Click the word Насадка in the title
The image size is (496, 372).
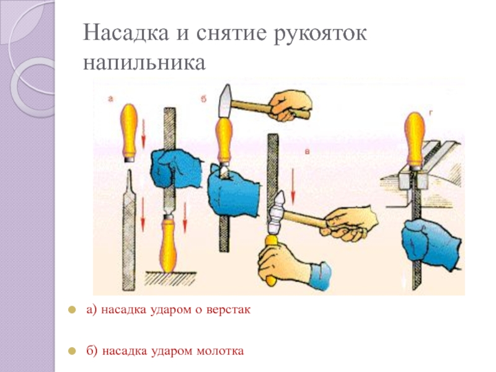pyautogui.click(x=126, y=32)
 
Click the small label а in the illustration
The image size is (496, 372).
pyautogui.click(x=110, y=99)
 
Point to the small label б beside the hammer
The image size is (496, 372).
pyautogui.click(x=203, y=99)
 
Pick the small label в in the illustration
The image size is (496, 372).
pyautogui.click(x=307, y=151)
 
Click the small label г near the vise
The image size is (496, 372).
pyautogui.click(x=430, y=112)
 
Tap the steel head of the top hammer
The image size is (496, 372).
pyautogui.click(x=225, y=102)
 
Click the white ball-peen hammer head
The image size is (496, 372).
pyautogui.click(x=277, y=213)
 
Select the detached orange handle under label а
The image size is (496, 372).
pyautogui.click(x=128, y=133)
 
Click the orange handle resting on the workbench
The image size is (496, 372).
pyautogui.click(x=167, y=243)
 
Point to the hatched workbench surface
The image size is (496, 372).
pyautogui.click(x=171, y=278)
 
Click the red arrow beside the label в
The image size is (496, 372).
pyautogui.click(x=293, y=187)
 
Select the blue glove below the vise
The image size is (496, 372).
pyautogui.click(x=431, y=244)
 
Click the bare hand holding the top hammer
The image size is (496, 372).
pyautogui.click(x=290, y=106)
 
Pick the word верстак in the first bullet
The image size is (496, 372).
pyautogui.click(x=228, y=309)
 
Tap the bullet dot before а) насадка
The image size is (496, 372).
pyautogui.click(x=72, y=309)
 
